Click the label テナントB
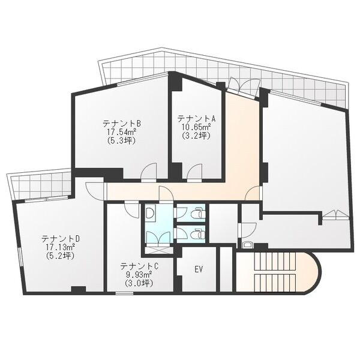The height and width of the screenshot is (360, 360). point(122,124)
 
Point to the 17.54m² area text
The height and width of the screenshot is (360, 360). point(121,132)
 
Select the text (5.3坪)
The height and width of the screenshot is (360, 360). point(121,140)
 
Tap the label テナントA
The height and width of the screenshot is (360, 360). point(197,119)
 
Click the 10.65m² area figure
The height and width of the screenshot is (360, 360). point(197,127)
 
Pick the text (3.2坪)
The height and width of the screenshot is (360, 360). point(197,136)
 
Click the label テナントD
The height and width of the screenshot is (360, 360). point(61,239)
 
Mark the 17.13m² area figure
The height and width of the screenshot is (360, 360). point(61,247)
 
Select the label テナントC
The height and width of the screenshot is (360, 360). point(139,266)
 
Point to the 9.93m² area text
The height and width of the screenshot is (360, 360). point(139,274)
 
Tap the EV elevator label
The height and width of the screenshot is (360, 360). point(199,269)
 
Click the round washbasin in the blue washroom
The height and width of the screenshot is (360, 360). point(150,213)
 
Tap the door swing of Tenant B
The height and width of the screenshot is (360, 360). point(149,171)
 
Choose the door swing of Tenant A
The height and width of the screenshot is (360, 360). point(194,172)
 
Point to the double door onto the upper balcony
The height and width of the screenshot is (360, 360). point(245,86)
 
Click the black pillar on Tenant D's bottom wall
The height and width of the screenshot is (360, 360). point(79,289)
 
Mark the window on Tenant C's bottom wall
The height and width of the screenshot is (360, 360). point(124,293)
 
